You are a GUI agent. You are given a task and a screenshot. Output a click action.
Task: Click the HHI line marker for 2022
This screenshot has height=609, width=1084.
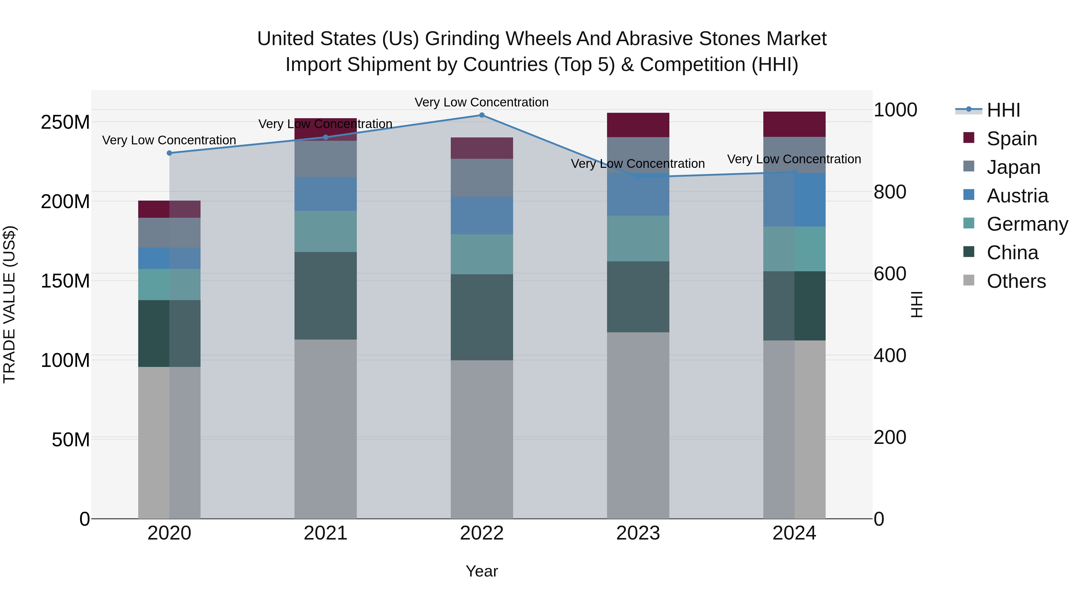482,115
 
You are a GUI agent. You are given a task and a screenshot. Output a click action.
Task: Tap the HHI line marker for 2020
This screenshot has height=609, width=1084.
169,153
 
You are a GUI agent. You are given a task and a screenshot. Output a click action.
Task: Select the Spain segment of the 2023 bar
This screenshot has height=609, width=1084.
638,125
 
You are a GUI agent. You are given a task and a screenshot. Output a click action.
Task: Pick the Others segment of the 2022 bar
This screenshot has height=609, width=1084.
482,439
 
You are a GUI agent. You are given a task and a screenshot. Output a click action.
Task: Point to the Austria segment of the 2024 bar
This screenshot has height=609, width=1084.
794,200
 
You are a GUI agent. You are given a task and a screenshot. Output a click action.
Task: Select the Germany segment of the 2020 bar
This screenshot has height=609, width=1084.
169,285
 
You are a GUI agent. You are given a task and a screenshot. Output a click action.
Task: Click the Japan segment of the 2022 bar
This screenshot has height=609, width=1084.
482,178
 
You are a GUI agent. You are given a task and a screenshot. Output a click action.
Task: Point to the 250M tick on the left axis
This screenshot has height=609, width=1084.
65,122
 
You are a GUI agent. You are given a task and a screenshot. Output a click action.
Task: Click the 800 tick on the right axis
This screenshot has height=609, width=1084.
889,192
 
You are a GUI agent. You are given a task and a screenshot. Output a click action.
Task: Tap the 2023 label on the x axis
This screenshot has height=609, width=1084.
638,533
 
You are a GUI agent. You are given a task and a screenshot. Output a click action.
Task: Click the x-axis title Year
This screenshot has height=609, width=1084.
482,571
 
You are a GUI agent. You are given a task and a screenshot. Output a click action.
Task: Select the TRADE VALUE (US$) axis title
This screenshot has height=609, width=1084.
9,304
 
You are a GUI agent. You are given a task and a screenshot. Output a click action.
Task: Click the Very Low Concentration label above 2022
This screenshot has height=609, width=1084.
481,102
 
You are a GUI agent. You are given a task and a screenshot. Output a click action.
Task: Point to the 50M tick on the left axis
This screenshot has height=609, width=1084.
71,440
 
